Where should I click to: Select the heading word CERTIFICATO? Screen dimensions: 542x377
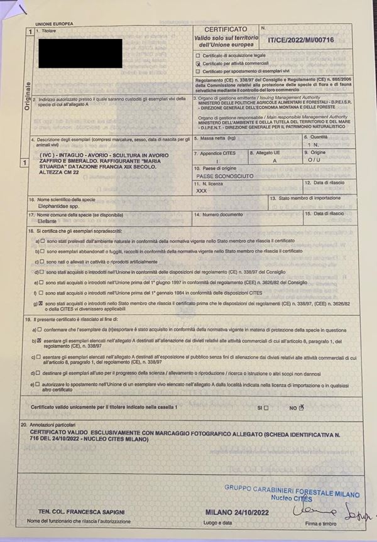226,30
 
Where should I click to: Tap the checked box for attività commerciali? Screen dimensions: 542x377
199,63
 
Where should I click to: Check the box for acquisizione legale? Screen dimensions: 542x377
199,56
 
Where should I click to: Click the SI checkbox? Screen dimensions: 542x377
266,408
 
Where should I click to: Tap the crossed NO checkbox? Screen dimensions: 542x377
301,407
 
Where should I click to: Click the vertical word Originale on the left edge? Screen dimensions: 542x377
27,95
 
